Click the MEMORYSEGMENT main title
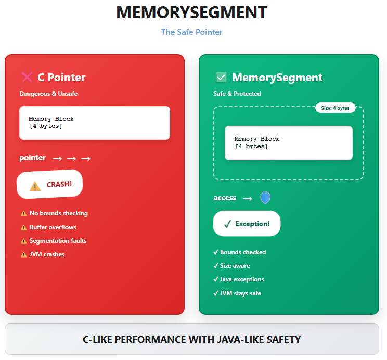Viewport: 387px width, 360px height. [191, 13]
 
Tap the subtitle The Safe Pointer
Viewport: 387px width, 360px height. [191, 32]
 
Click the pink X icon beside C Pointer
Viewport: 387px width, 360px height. [27, 78]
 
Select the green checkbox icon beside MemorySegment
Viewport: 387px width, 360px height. [221, 78]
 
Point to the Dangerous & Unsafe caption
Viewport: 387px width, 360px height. [48, 94]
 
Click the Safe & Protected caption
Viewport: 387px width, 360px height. [237, 94]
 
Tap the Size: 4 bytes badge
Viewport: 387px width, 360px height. [336, 108]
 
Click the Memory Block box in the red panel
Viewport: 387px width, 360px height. [95, 123]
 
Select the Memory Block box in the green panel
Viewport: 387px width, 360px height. [288, 143]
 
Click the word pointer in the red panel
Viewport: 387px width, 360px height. [33, 158]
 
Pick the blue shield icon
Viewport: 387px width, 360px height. [265, 198]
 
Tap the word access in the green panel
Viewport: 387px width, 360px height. [225, 198]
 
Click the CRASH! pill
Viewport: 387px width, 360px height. [50, 185]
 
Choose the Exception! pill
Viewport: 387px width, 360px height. [247, 224]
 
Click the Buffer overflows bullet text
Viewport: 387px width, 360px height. [53, 227]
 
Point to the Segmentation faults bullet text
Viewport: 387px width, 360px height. [58, 241]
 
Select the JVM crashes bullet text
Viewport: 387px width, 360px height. [47, 254]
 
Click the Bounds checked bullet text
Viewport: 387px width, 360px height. [243, 252]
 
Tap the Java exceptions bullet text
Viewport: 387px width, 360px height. [242, 279]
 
